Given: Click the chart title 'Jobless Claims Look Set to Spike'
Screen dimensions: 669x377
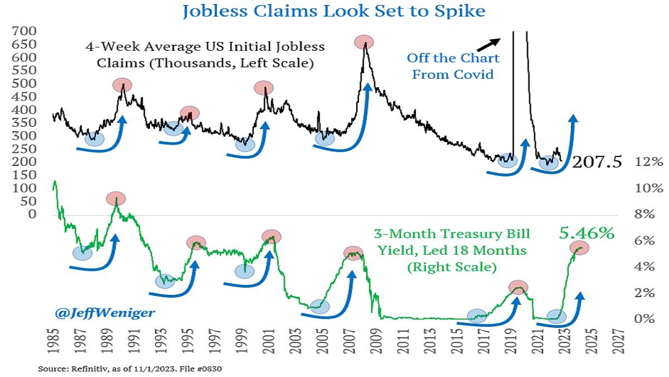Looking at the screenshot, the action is coord(334,11).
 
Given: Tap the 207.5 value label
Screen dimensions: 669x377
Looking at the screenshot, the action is coord(597,162).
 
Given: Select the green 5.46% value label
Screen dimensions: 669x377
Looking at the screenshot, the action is coord(586,233).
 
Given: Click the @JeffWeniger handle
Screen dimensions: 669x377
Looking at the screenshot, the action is coord(105,313).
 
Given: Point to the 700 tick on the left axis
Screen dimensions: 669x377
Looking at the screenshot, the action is coord(24,31).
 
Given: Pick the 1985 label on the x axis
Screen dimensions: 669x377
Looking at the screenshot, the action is coord(54,341).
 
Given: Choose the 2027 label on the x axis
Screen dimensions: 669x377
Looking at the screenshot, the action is coord(618,341).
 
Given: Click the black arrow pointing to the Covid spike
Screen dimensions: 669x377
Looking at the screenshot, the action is coord(488,45).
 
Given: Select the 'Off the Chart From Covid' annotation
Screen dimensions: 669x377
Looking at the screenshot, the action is coord(453,66).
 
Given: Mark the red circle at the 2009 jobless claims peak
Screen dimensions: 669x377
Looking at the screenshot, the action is coord(364,42).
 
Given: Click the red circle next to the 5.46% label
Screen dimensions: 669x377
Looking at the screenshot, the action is coord(579,248).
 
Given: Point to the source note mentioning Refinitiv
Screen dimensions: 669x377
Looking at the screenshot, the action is coord(130,369).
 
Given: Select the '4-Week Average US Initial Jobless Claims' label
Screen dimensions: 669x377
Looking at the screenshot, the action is coord(205,55).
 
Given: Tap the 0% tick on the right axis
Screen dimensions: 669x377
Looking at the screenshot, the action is coord(645,319).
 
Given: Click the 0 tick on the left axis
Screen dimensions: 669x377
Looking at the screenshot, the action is coord(32,214).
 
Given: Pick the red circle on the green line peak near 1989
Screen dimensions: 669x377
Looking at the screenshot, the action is coord(116,199).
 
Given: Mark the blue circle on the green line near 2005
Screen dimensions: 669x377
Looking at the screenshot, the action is coord(320,307).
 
